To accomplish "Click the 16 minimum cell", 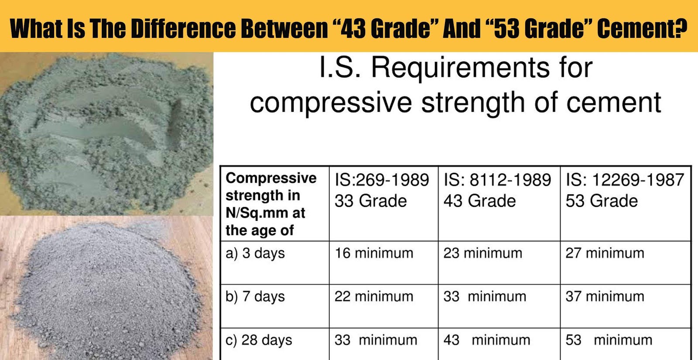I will [x=374, y=253].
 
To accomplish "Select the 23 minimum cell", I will [x=482, y=253].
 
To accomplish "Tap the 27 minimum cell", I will [x=605, y=253].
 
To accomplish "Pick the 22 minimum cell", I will [x=374, y=297].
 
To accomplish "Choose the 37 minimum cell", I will [x=605, y=297].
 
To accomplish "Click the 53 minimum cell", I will [x=609, y=340].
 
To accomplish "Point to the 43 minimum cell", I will [x=486, y=340].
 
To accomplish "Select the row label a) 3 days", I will [x=255, y=253].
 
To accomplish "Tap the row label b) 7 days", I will [x=255, y=297].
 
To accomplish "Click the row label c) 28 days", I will [x=259, y=340].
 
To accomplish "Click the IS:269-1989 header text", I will [x=382, y=180].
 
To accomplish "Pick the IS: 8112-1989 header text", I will [x=497, y=180].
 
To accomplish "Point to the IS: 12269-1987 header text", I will [x=625, y=180].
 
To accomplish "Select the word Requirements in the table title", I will [x=460, y=68].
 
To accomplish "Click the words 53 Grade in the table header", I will [x=602, y=201].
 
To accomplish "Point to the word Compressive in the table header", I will [x=271, y=178].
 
